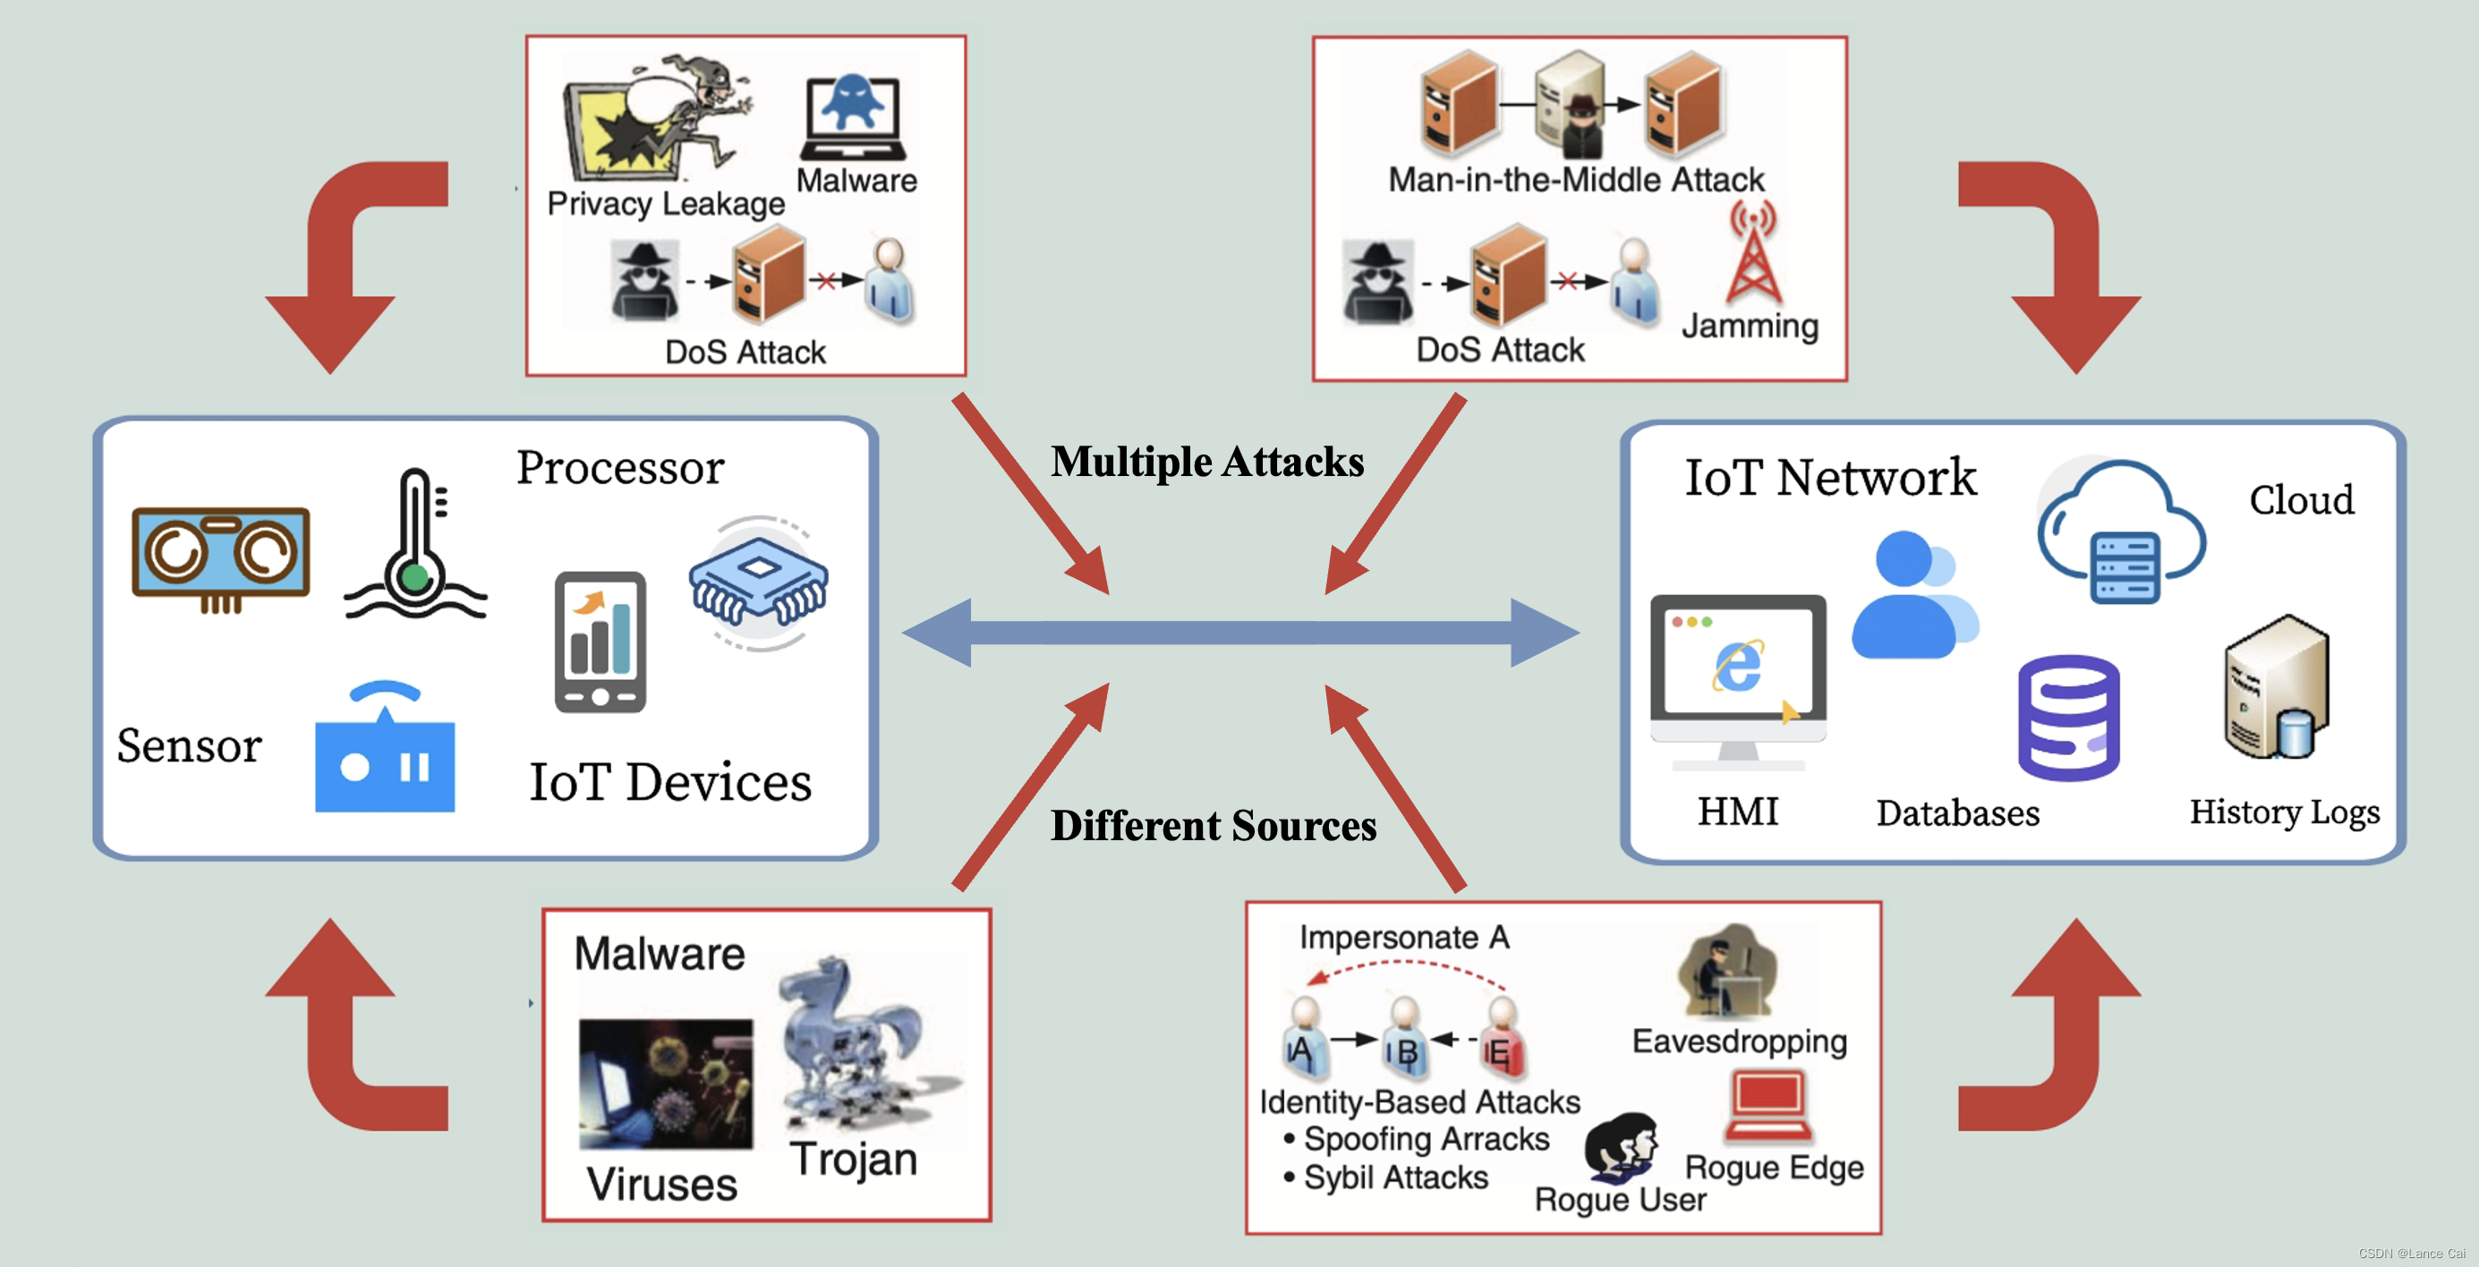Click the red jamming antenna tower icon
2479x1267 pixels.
[1753, 255]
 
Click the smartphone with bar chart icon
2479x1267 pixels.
[600, 642]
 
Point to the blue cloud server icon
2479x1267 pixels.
[2121, 531]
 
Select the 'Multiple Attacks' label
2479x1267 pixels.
[1206, 462]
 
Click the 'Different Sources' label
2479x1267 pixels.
[1213, 825]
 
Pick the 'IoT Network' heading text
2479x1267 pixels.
[1829, 478]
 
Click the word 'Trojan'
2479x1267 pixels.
[853, 1160]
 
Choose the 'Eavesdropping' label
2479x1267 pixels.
[1739, 1041]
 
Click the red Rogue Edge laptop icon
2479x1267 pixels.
[1768, 1105]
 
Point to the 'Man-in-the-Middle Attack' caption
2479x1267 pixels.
[1575, 180]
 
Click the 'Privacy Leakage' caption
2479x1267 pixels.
[665, 204]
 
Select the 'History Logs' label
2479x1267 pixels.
[2284, 812]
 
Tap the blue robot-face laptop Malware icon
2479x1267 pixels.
[852, 115]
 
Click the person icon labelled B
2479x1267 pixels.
[1404, 1038]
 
